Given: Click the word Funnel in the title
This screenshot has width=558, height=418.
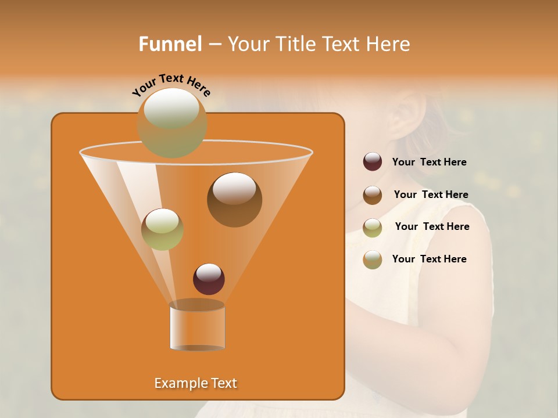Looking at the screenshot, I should click(170, 44).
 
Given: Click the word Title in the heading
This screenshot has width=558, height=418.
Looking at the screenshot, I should click(295, 44).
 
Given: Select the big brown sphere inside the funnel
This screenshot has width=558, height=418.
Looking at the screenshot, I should click(234, 199).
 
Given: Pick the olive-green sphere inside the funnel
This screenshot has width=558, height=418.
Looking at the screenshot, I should click(162, 229).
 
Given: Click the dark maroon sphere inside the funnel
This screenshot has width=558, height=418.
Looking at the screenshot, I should click(209, 279).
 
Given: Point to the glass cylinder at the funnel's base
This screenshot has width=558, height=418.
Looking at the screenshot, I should click(197, 326).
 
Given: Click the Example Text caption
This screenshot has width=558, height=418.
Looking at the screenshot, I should click(196, 383).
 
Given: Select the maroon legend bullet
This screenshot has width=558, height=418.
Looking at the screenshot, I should click(373, 162).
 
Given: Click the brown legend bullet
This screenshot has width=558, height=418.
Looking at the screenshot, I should click(373, 195).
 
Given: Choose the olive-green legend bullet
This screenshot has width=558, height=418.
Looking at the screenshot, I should click(373, 228).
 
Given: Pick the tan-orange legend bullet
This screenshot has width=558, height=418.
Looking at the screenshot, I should click(373, 260).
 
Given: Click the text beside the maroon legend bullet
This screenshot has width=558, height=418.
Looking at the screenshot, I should click(429, 163).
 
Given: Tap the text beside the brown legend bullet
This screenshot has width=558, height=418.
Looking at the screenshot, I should click(431, 195).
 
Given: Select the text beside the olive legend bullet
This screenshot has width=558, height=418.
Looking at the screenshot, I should click(432, 227).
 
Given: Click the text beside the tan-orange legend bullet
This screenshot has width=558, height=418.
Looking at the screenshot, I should click(429, 260).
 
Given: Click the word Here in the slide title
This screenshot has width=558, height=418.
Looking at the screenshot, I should click(388, 44).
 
